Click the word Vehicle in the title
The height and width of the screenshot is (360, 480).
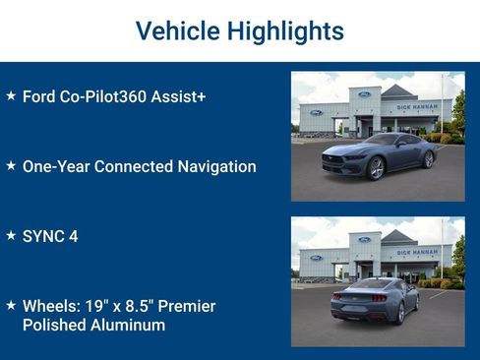177,31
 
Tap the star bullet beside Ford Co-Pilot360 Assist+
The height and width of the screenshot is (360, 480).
11,96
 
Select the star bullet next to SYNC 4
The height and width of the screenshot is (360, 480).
11,236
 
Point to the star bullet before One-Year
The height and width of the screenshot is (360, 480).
11,166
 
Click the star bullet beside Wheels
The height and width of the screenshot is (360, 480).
11,306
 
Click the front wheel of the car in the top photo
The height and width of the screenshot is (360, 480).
375,168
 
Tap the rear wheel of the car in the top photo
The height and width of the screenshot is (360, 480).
428,158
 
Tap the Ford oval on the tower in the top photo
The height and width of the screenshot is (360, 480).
365,94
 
